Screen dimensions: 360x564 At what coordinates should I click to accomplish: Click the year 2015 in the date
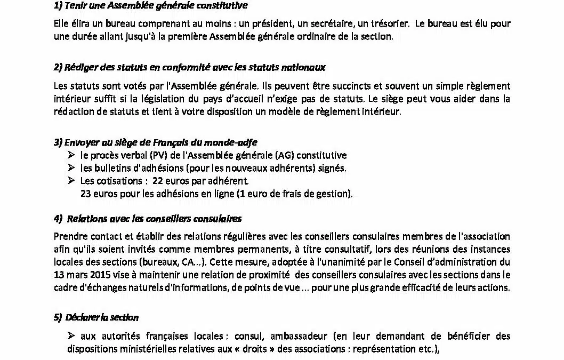tap(99, 275)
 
